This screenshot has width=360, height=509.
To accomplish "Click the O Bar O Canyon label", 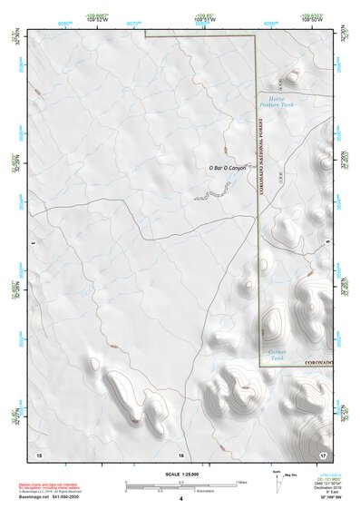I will (228, 166).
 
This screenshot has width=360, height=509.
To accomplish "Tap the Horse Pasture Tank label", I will (277, 100).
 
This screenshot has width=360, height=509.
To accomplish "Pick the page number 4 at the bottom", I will (180, 498).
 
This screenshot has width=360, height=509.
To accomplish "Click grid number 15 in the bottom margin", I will (38, 453).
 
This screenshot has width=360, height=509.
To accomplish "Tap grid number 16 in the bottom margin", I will (180, 454).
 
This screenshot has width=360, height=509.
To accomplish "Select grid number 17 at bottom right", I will (322, 453).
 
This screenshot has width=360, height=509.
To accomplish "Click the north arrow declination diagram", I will (276, 480).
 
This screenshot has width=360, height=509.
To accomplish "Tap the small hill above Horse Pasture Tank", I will (292, 76).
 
